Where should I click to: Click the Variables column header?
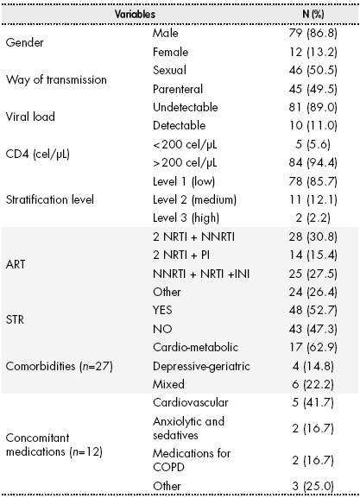coord(135,14)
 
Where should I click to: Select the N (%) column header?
coord(313,14)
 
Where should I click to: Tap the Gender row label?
coord(24,42)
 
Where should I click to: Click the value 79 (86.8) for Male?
coord(313,33)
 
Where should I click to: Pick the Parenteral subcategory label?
coord(178,89)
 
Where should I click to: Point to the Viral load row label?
coord(30,117)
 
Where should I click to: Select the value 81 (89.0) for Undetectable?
coord(313,107)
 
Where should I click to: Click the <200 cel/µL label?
coord(185,144)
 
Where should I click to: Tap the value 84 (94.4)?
coord(313,162)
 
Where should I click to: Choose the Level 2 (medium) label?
coord(194,199)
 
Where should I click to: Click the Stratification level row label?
coord(49,199)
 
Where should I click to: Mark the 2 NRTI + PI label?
coord(181,255)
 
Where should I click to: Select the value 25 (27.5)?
coord(313,274)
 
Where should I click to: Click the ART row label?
coord(16,264)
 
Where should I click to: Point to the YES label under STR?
coord(162,310)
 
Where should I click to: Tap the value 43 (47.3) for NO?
coord(313,329)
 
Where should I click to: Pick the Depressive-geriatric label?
coord(201,366)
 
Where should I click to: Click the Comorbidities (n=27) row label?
coord(59,366)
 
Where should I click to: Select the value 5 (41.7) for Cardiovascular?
coord(313,403)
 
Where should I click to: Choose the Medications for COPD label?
coord(192,460)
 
